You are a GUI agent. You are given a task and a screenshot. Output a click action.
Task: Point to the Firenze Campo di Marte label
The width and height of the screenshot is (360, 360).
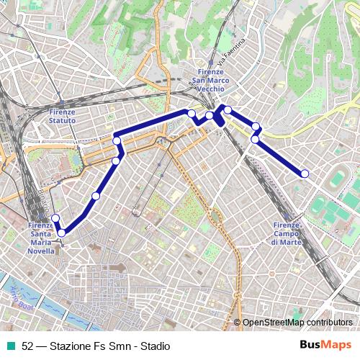tap(287, 234)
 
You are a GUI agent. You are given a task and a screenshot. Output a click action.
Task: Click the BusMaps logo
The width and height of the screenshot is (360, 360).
tap(325, 345)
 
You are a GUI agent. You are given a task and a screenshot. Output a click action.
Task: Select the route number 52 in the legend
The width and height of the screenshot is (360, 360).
tap(27, 346)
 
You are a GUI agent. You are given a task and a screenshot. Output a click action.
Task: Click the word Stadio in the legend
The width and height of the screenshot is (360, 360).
tap(155, 346)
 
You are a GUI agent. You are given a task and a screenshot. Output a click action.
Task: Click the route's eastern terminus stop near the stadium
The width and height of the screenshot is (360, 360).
tap(305, 173)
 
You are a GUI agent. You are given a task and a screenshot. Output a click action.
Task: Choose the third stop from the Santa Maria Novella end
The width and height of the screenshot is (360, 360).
tap(96, 196)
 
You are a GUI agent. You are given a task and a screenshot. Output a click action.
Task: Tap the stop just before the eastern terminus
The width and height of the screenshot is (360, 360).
tap(255, 139)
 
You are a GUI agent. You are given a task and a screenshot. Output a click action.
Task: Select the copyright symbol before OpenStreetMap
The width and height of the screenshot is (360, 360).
tap(237, 323)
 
